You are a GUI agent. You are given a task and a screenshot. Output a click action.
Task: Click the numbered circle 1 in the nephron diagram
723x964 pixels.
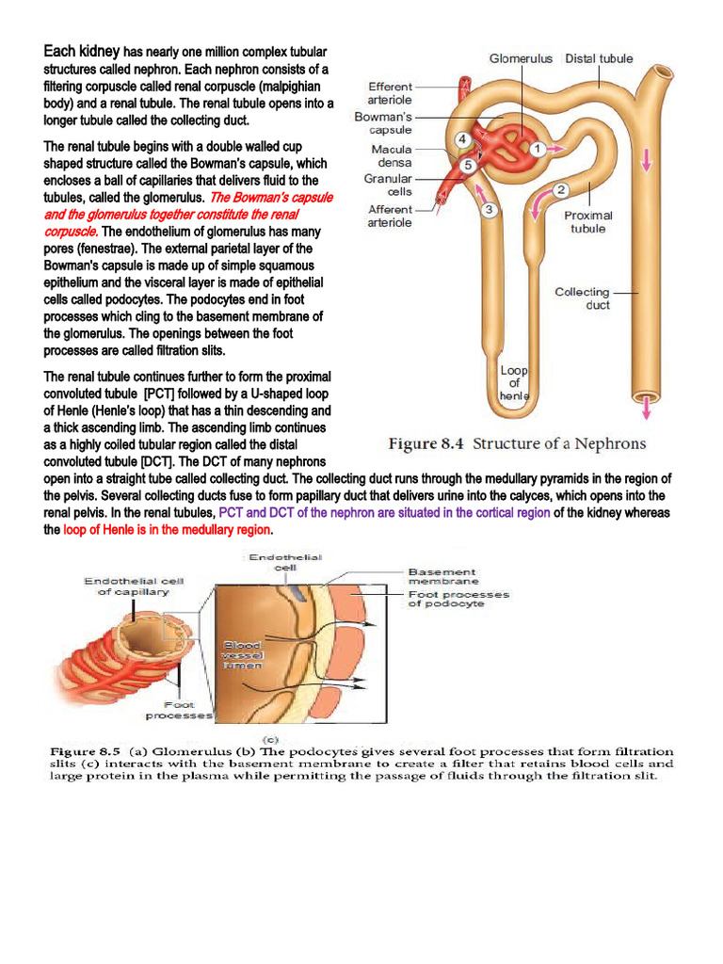tap(537, 149)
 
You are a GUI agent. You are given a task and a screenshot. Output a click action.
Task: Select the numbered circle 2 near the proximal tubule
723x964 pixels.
tap(560, 189)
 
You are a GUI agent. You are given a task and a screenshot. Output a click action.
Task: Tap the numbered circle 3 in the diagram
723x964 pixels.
tap(489, 210)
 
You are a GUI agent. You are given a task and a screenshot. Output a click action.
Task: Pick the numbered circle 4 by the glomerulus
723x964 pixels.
tap(461, 139)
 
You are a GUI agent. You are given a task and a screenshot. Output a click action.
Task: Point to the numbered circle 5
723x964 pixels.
tap(467, 166)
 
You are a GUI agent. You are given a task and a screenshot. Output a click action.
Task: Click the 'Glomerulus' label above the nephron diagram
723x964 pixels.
tap(521, 58)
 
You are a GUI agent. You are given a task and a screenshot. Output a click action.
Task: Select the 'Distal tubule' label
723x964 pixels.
tap(599, 58)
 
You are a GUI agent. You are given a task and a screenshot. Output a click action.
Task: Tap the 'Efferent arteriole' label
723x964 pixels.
tap(390, 93)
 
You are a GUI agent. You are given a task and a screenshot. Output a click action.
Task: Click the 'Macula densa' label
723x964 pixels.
tap(392, 155)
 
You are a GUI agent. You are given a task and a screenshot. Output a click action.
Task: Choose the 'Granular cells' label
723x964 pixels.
tap(388, 185)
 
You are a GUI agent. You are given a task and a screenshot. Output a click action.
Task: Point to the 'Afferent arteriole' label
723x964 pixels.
tap(390, 216)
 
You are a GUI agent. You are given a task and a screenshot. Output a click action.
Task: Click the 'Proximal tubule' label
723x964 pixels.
tap(588, 222)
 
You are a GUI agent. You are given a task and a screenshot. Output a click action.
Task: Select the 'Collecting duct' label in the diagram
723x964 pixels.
tap(582, 298)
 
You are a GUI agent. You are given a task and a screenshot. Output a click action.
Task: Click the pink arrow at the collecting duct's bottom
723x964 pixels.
tap(646, 408)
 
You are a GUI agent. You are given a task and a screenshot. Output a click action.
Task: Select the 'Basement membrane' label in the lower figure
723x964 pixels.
tap(442, 576)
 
